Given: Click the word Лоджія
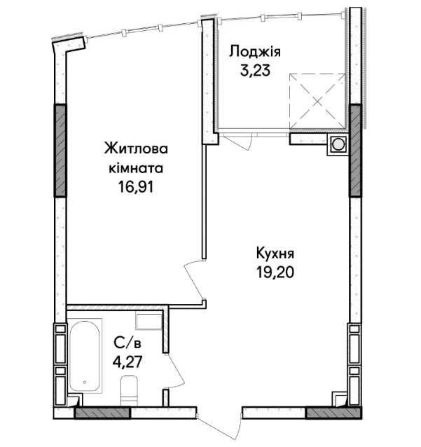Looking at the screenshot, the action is (255, 53).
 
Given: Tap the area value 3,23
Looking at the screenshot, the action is (255, 71).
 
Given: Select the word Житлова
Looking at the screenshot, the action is (136, 149).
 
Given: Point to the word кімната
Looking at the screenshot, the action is (136, 168).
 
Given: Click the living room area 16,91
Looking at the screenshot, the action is (136, 187).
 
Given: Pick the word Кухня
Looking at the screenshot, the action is (275, 254).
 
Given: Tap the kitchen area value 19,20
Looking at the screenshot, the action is (275, 273).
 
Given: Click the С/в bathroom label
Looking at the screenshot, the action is (127, 343).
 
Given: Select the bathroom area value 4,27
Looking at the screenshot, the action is (127, 362).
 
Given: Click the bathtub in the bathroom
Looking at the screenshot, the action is (85, 356).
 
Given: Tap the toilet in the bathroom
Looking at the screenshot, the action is (129, 390).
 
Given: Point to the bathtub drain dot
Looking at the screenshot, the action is (85, 382).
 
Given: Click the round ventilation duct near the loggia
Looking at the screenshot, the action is (338, 144).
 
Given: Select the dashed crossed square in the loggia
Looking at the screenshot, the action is (317, 101).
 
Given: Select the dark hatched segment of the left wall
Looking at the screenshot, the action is (60, 150).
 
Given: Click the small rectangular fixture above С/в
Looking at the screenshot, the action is (149, 322).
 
